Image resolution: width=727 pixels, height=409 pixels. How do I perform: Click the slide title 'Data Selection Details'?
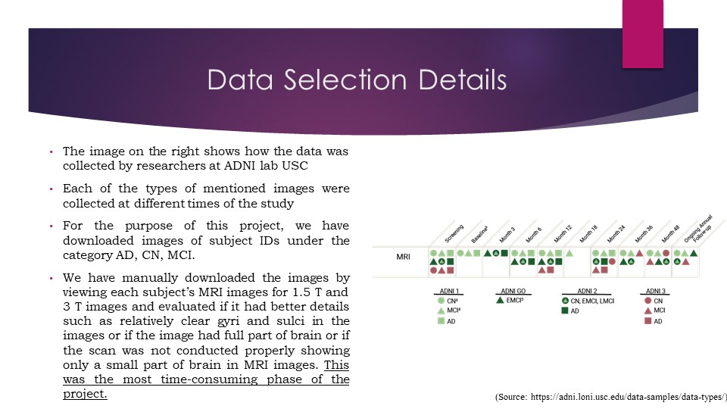[357, 80]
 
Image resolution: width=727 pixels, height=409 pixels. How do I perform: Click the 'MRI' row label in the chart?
[404, 257]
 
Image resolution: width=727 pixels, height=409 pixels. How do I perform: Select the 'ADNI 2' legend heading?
[587, 291]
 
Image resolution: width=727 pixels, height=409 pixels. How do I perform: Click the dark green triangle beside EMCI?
[500, 301]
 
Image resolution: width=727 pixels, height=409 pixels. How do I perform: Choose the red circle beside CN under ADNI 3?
[648, 301]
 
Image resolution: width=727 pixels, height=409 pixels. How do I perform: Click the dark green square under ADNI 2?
[565, 311]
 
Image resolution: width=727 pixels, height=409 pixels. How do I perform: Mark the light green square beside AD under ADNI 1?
[441, 321]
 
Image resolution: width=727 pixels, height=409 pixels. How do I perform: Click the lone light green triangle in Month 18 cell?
[569, 253]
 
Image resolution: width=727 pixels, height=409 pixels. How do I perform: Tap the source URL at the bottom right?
[610, 397]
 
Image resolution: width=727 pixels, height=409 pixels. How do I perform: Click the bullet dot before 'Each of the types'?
[50, 189]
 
